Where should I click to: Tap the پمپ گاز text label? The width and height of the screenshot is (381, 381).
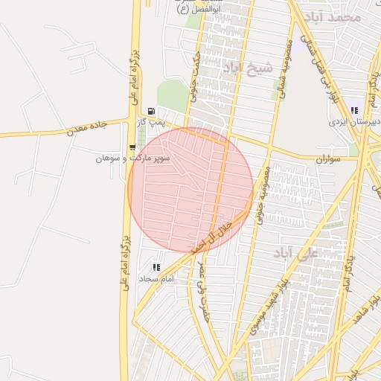click(152, 122)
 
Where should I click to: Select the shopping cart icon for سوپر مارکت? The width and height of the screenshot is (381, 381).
click(132, 147)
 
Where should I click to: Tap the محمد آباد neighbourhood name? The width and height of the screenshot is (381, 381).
click(336, 16)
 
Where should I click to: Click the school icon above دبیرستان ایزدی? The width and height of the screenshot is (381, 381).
click(354, 110)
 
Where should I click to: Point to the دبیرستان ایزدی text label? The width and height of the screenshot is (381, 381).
click(355, 121)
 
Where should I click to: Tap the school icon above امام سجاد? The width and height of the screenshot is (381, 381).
click(156, 266)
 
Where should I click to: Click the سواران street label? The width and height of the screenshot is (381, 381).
click(327, 159)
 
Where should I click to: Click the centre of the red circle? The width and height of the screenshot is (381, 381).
click(190, 190)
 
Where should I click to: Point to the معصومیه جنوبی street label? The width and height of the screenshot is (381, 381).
click(262, 196)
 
